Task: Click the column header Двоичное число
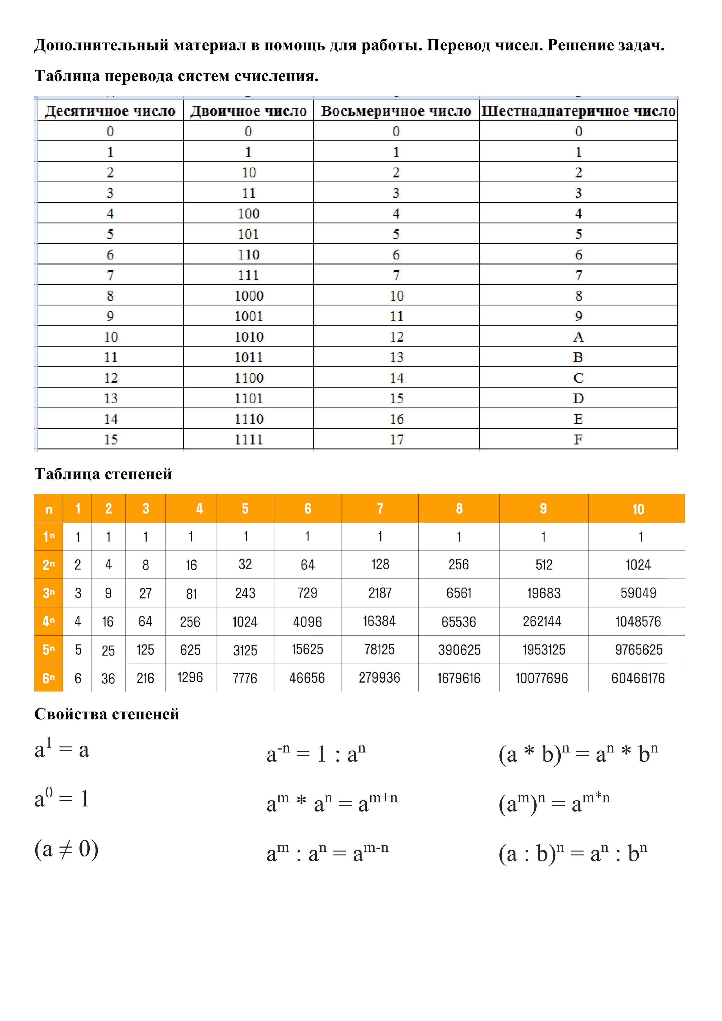[248, 111]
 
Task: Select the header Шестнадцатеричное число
[578, 111]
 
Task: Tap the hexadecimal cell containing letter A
[578, 337]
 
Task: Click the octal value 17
[397, 439]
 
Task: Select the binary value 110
[248, 254]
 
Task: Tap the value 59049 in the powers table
[638, 593]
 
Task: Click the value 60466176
[638, 678]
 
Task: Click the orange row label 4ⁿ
[49, 621]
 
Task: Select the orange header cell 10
[638, 509]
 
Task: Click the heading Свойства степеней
[107, 714]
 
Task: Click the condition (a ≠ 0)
[66, 849]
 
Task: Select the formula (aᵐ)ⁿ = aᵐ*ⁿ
[554, 803]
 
